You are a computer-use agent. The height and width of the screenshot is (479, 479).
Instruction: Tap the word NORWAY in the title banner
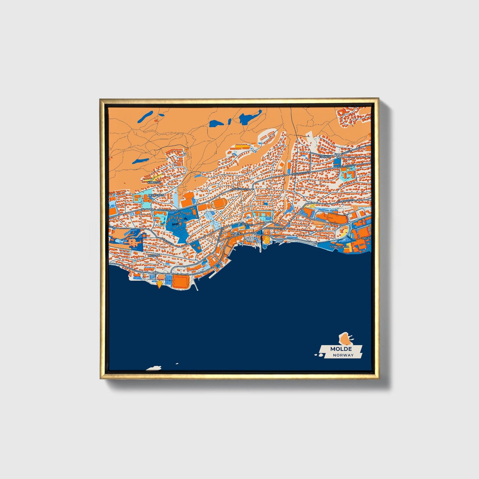(x=343, y=355)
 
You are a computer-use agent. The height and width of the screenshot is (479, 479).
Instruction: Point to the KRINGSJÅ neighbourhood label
(x=154, y=182)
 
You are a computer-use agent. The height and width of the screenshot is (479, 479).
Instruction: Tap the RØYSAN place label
(x=154, y=255)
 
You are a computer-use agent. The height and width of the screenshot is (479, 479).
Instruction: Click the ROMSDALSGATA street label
(x=274, y=228)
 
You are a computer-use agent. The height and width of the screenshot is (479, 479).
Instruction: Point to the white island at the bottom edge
(x=154, y=368)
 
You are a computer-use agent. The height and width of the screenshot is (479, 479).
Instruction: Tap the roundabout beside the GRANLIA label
(x=336, y=155)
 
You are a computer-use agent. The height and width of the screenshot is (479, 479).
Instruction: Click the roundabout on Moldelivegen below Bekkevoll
(x=151, y=210)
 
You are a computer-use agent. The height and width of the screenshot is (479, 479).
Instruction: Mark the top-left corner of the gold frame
(x=100, y=99)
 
